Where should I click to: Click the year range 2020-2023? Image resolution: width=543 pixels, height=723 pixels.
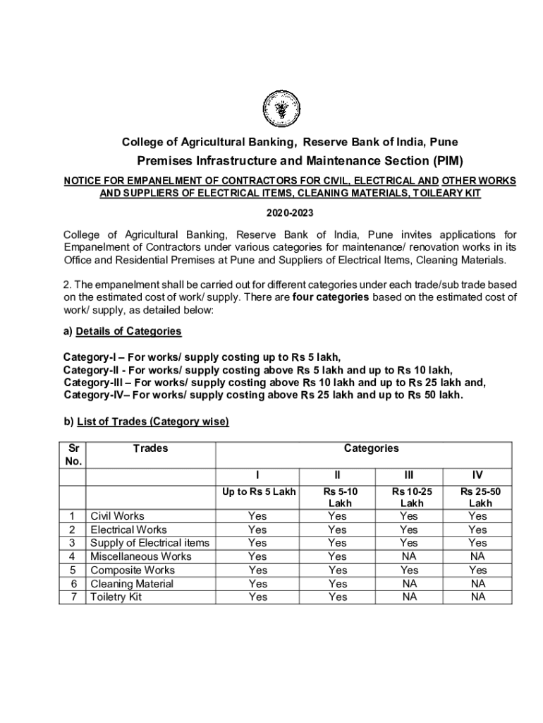click(290, 213)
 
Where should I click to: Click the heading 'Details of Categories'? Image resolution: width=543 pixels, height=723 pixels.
click(128, 331)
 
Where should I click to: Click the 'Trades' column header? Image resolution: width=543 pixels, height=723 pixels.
click(150, 448)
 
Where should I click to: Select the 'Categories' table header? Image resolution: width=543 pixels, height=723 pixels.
click(371, 448)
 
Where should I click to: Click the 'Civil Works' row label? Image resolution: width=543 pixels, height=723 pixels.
click(117, 516)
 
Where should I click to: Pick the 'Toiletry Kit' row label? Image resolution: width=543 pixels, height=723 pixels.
click(116, 597)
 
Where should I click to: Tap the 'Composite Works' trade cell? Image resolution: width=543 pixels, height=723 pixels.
click(133, 570)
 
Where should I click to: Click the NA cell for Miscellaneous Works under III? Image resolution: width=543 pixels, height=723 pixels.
click(409, 556)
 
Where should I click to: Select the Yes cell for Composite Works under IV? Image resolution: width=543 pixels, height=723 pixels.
click(477, 570)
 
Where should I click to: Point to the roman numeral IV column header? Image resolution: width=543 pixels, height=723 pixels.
click(477, 474)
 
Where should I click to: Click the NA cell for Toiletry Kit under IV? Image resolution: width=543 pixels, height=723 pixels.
click(478, 597)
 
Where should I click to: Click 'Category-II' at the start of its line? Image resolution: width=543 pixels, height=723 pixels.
click(92, 370)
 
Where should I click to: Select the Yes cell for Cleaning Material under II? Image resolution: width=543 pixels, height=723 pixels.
click(338, 584)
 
